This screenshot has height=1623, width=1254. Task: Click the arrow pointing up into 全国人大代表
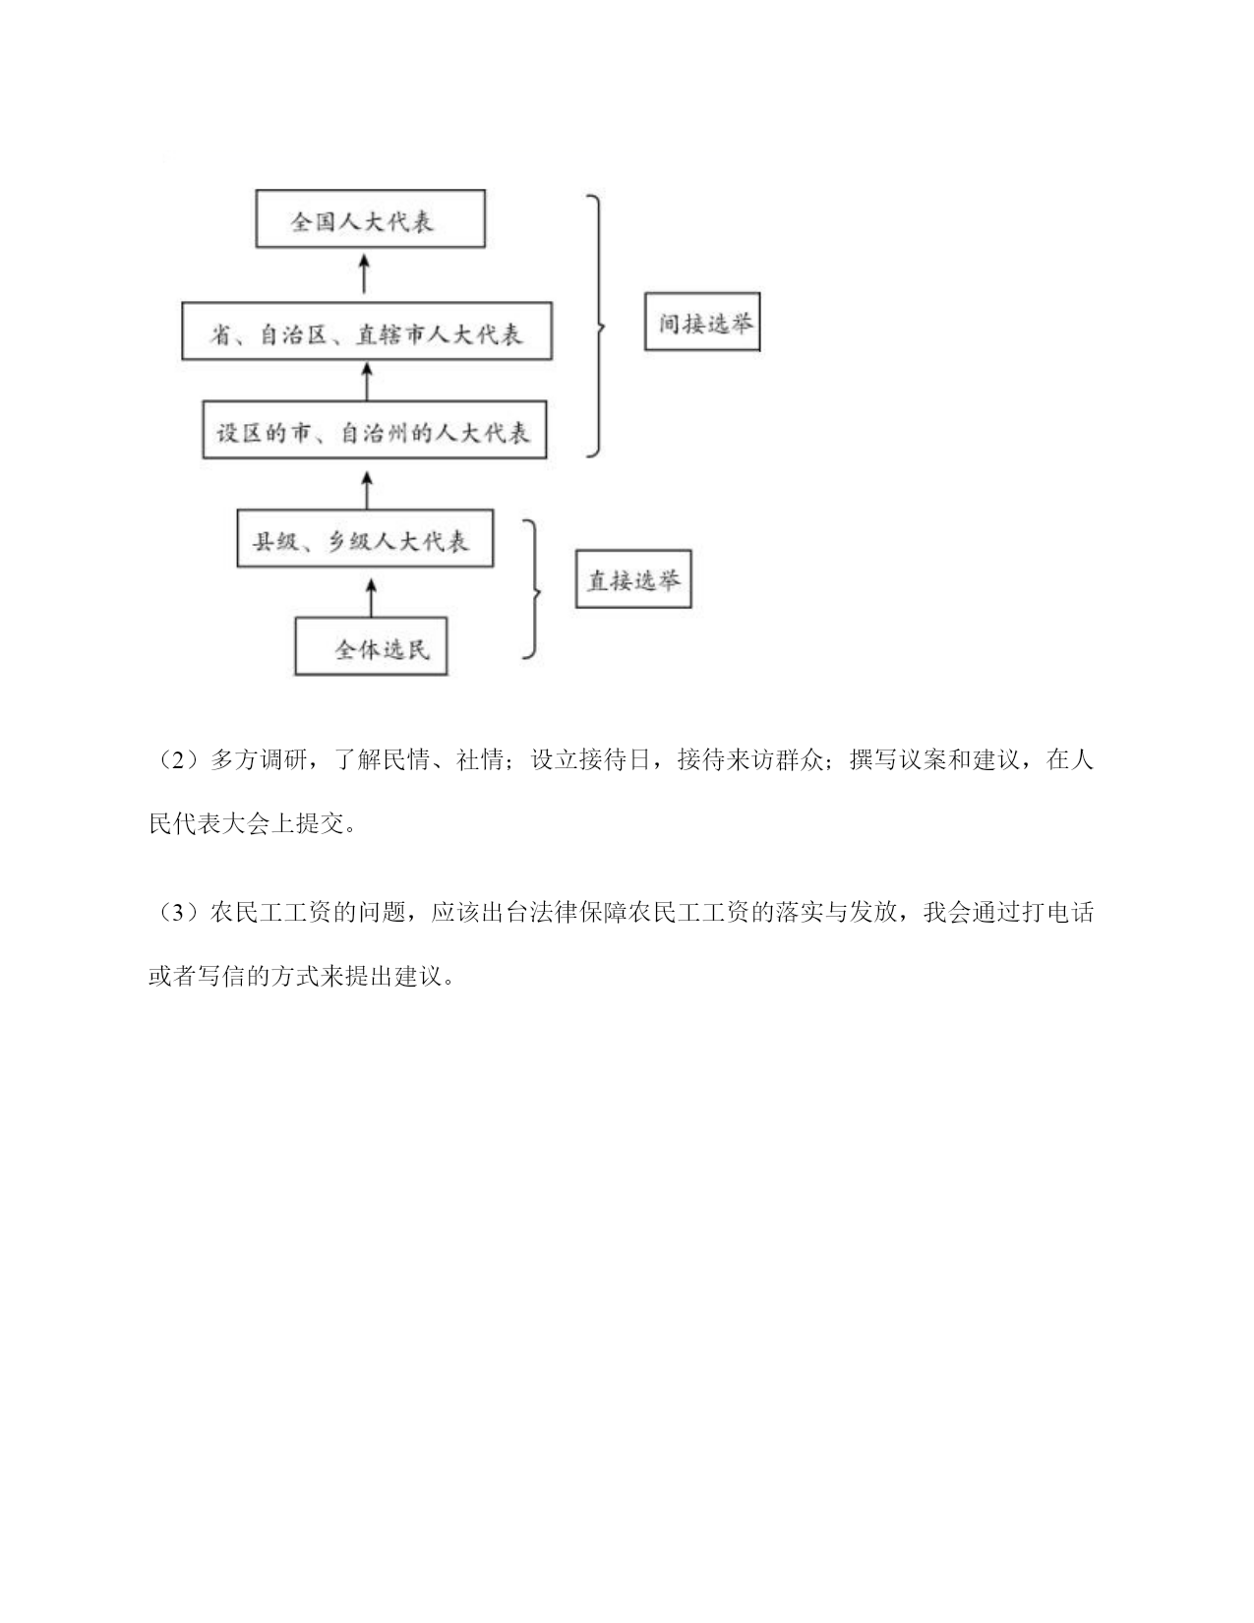coord(365,273)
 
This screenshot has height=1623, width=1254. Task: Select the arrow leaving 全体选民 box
coord(371,597)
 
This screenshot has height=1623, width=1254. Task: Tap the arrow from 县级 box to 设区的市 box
coord(367,489)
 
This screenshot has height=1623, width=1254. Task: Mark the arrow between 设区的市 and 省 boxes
coord(367,381)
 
